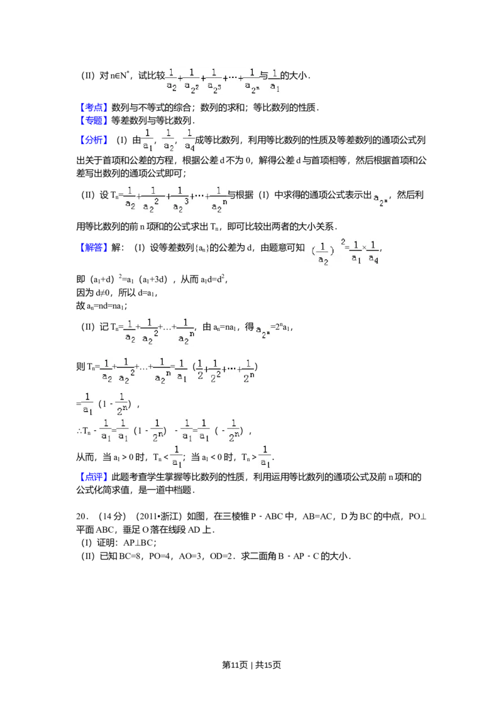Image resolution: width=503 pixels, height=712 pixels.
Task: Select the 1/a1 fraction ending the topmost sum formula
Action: click(274, 81)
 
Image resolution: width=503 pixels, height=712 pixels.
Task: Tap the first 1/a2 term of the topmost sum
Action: click(170, 81)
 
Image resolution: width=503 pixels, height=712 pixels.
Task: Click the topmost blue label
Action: click(95, 106)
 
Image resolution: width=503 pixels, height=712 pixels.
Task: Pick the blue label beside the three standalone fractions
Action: click(95, 139)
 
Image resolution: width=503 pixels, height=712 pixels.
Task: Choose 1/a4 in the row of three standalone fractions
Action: click(189, 140)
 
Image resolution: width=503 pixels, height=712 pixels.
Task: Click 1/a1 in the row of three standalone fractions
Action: click(147, 140)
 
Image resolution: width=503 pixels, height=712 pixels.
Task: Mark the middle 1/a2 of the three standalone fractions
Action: click(168, 140)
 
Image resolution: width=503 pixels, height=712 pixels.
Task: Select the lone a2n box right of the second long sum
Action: click(380, 199)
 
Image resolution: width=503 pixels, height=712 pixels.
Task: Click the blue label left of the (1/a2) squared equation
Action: click(95, 249)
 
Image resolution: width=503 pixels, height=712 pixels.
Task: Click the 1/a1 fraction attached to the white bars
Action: click(265, 457)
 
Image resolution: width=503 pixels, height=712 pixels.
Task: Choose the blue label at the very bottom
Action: click(95, 477)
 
